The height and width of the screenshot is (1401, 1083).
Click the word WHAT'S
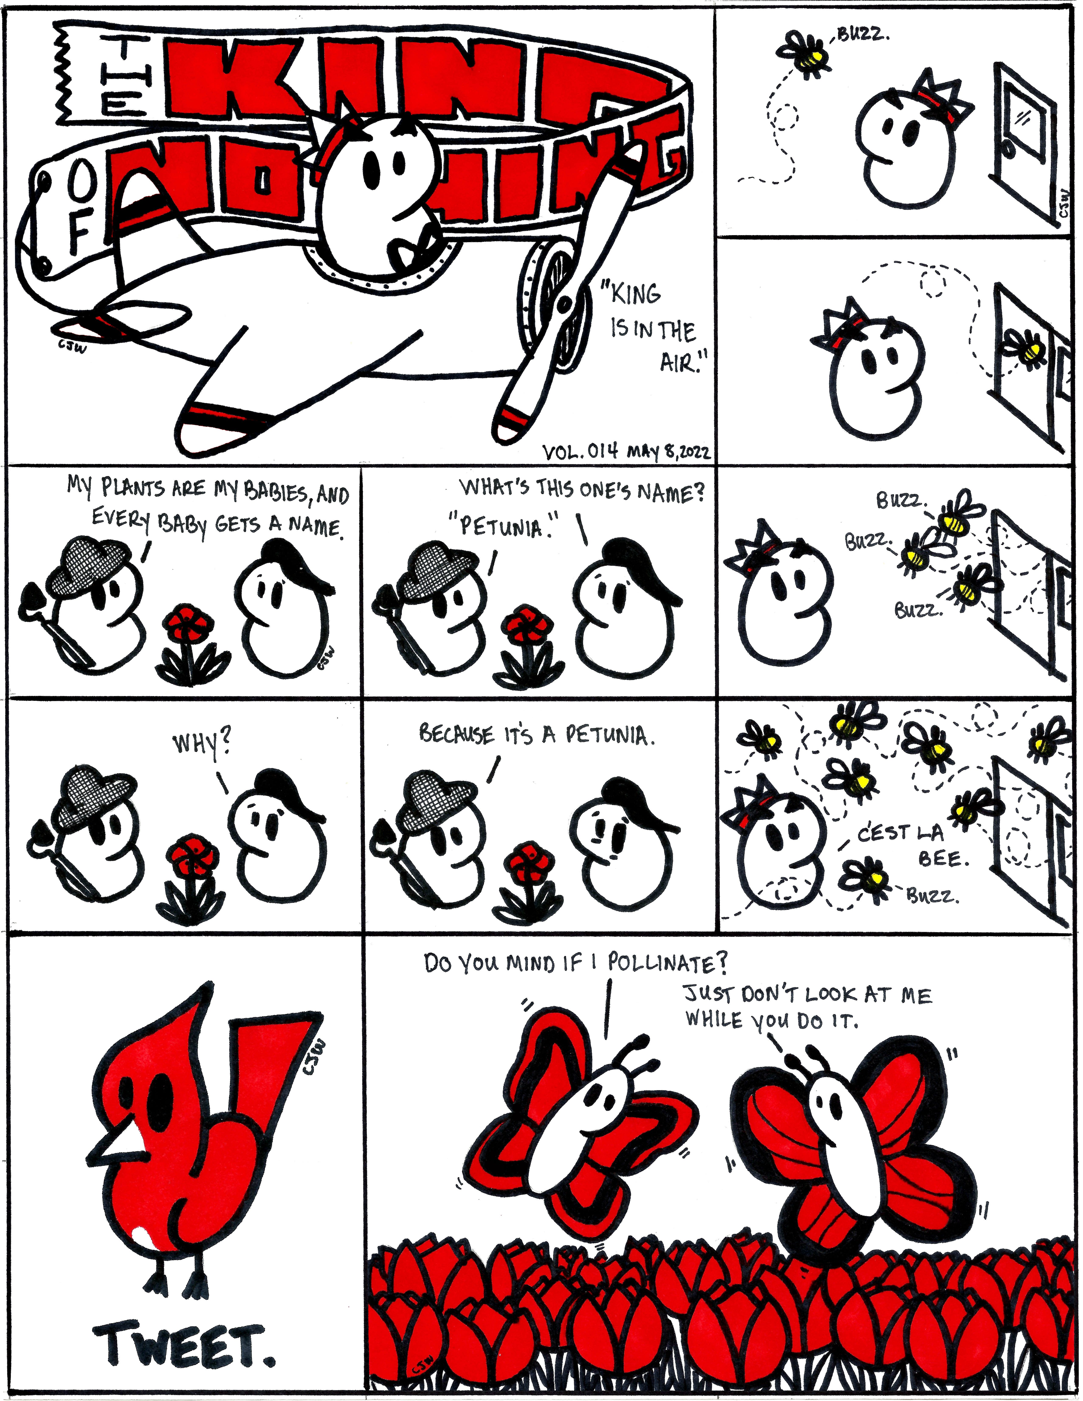(495, 488)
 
